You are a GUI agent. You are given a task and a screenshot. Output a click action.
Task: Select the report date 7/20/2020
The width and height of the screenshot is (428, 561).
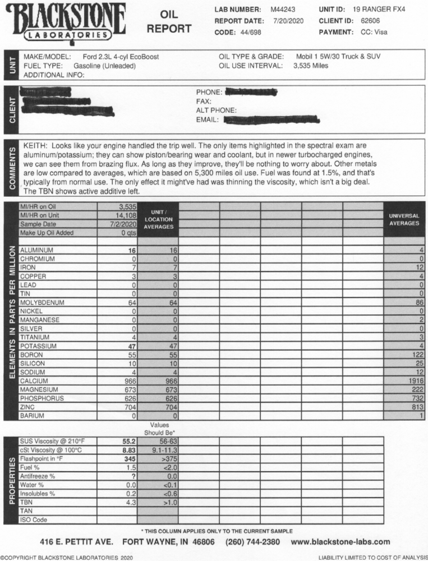click(x=288, y=21)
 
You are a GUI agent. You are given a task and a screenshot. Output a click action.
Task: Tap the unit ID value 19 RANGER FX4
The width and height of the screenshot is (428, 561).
click(x=379, y=10)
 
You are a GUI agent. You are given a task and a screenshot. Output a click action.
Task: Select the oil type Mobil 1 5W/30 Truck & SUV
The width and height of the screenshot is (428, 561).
click(x=341, y=57)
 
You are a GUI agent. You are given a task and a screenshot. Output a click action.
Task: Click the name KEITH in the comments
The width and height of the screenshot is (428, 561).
click(x=36, y=145)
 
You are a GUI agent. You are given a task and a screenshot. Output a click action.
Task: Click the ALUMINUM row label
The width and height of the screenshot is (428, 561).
click(x=36, y=250)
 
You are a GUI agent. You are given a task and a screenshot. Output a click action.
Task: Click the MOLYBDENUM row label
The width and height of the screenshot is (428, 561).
click(x=42, y=302)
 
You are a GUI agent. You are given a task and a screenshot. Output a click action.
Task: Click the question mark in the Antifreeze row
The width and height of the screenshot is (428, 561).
click(x=134, y=476)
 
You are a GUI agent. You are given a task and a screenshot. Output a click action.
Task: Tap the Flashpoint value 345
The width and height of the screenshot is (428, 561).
click(x=130, y=458)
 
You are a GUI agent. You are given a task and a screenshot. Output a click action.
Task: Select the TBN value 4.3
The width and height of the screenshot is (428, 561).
click(x=131, y=503)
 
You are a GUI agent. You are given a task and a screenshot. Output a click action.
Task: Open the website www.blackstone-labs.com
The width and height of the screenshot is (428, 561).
click(x=340, y=542)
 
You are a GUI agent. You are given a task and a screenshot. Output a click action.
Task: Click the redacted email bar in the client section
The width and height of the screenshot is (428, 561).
click(x=271, y=119)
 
